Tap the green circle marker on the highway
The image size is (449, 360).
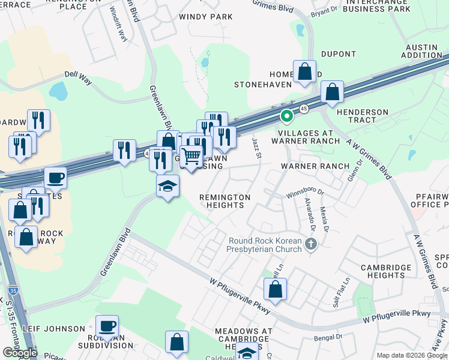287,116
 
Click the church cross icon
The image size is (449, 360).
310,244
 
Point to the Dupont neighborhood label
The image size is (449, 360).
339,53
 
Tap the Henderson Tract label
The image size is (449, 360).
364,116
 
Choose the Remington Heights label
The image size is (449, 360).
225,201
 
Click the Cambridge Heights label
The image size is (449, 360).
386,271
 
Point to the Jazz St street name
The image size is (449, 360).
258,148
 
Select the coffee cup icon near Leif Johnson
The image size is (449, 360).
107,326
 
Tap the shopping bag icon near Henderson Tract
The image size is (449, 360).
332,92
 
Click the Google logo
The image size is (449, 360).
20,352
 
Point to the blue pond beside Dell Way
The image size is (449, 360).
59,91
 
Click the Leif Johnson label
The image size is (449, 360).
54,329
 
